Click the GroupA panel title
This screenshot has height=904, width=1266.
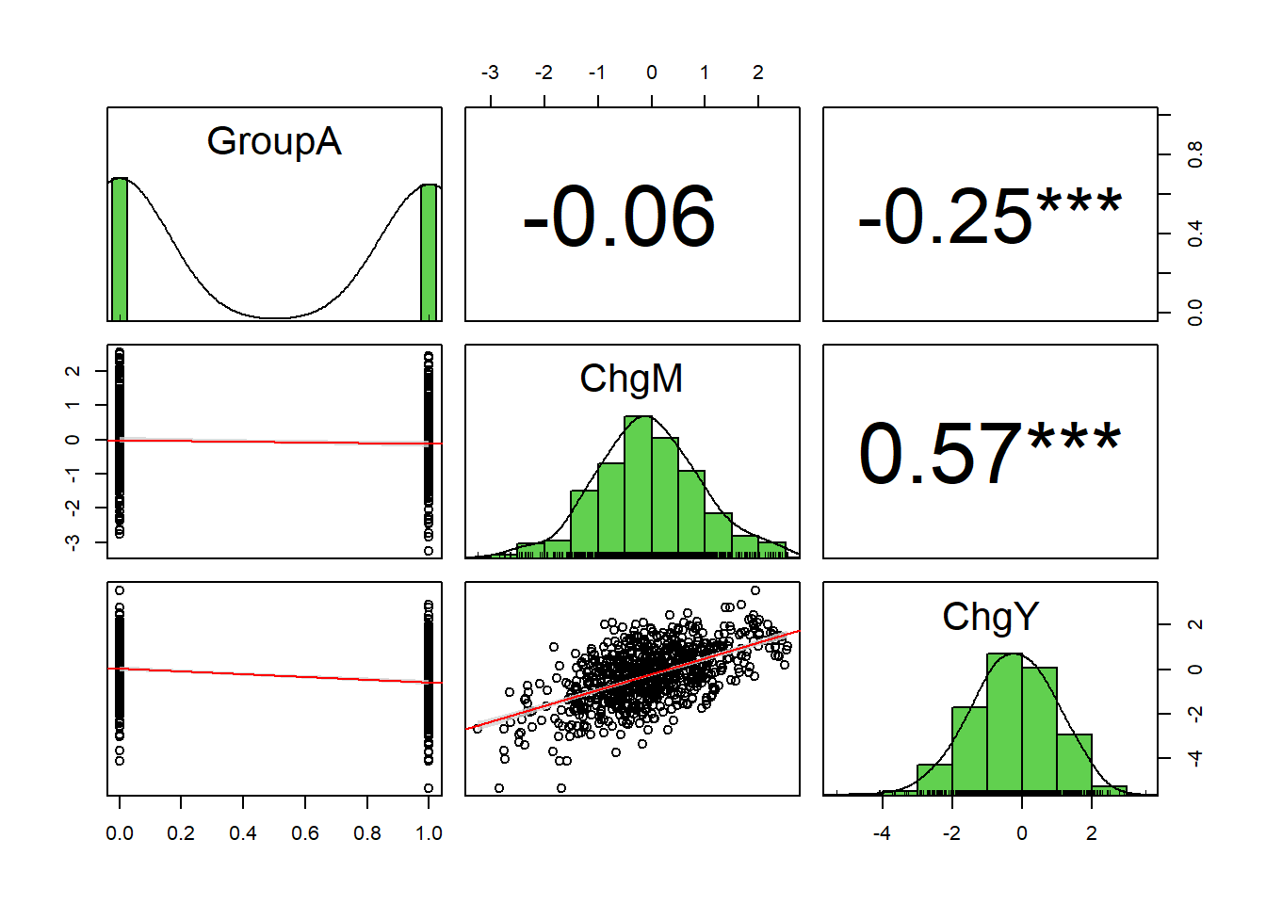point(273,141)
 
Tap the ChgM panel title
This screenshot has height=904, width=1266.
point(631,379)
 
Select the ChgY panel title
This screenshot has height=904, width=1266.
point(990,617)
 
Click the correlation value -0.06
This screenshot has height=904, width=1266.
point(619,218)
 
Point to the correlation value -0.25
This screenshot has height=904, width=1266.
point(945,218)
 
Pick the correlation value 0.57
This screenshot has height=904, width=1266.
point(939,455)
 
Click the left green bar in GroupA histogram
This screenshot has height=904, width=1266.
point(120,250)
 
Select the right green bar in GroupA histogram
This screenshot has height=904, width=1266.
point(429,252)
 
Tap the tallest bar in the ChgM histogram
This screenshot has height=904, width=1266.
point(638,485)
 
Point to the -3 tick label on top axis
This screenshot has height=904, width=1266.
point(490,73)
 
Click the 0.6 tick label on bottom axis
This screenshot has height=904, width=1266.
point(305,833)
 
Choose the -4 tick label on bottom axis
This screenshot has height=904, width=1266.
point(882,833)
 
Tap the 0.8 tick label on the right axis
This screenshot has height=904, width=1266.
point(1194,153)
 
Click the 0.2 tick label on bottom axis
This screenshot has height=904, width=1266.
point(181,833)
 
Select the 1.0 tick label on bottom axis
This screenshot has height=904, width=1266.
point(429,833)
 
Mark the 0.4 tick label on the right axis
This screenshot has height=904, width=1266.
point(1194,234)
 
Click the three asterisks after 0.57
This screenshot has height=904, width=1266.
point(1074,440)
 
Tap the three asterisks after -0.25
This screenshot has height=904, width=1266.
point(1079,202)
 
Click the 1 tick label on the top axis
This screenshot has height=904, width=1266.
point(705,73)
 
